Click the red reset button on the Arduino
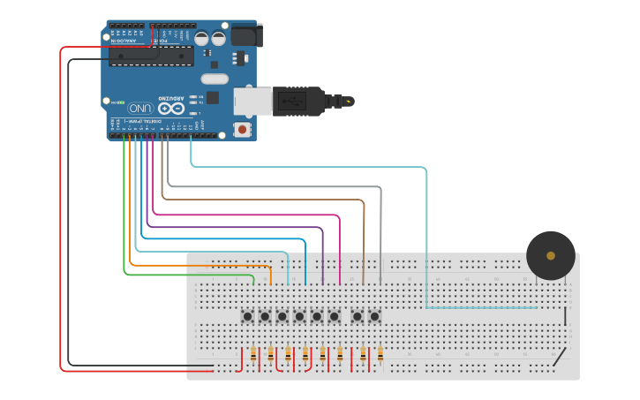point(242,130)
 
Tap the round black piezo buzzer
point(551,255)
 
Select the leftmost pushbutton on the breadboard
point(248,316)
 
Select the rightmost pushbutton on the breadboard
point(375,316)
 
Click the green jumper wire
point(124,230)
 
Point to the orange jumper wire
point(131,221)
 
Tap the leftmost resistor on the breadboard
point(254,355)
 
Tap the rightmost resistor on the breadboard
point(380,355)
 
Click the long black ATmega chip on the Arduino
point(151,57)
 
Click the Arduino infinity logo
point(174,108)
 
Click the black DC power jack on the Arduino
point(246,36)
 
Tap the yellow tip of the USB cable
point(350,102)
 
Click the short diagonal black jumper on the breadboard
point(559,357)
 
